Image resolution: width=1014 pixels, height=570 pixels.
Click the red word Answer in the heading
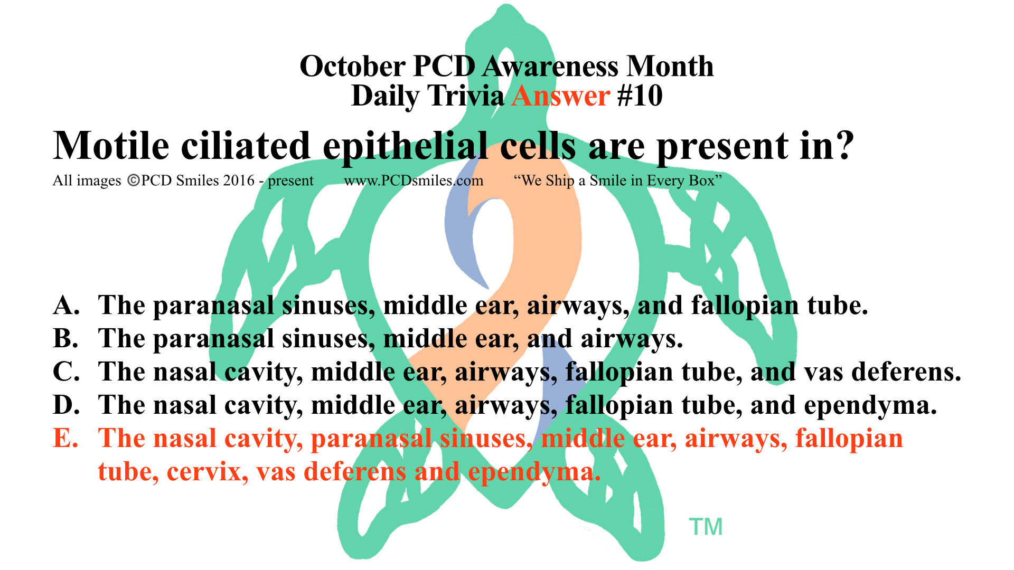561,96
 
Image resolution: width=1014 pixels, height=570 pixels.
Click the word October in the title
352,66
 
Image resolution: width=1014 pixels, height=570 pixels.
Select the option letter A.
65,305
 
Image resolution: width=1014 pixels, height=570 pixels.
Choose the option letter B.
65,338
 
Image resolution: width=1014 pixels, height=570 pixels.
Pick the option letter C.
66,372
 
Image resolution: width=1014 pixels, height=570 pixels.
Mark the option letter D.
66,405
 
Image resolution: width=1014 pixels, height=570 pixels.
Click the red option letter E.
65,438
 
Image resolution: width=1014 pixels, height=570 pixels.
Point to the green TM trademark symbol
706,527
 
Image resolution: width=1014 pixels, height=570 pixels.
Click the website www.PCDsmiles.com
414,181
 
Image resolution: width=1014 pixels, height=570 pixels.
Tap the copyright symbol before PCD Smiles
134,180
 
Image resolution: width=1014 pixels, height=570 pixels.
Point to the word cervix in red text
208,472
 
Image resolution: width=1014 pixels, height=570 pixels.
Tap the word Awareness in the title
551,66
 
